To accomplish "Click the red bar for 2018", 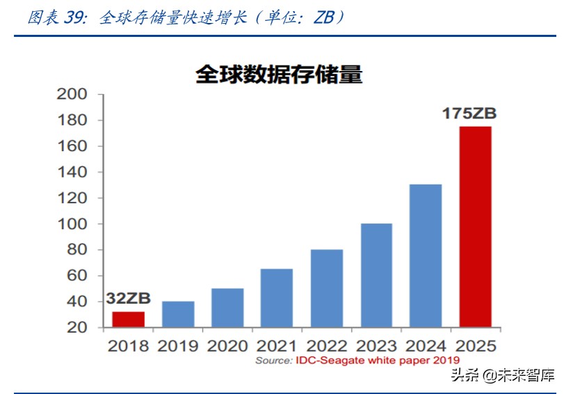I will (x=128, y=320).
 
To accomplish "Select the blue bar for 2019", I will (x=178, y=314).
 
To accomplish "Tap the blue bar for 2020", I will (x=227, y=308).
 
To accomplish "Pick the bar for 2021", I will (x=277, y=298).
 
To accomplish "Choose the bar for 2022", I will (x=326, y=288).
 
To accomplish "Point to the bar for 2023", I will (x=376, y=275).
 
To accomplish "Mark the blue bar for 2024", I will (x=426, y=255).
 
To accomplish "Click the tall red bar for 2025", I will (x=476, y=227).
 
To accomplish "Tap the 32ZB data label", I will (x=128, y=299).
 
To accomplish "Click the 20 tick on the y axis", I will (x=77, y=328).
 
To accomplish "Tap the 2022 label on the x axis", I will (x=326, y=345).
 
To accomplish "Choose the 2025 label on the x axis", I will (x=476, y=345).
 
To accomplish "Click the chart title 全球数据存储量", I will (x=279, y=74).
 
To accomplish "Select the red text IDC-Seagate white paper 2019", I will (x=378, y=360).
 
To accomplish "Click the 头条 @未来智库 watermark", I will (x=503, y=377).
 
